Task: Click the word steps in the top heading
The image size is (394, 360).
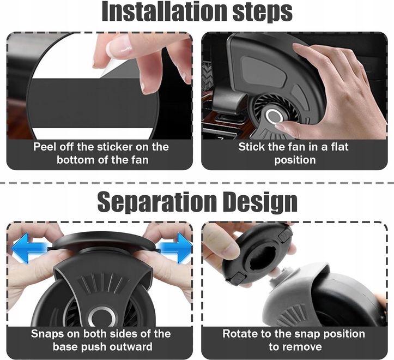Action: coord(263,13)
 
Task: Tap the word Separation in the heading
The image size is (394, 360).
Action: coord(157,201)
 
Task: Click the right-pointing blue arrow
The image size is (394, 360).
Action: coord(174,248)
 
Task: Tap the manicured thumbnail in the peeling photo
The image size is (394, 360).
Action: coord(118,46)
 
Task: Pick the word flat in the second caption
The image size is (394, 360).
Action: coord(340,147)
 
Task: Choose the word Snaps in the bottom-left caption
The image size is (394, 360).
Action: coord(47,334)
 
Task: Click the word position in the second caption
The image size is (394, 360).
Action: coord(295,160)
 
